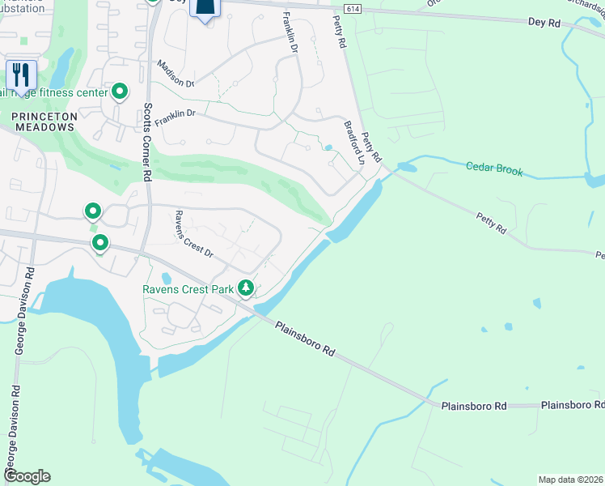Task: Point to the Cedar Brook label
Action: [494, 170]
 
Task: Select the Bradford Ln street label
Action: [354, 143]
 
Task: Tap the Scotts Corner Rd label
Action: [147, 142]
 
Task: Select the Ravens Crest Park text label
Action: [188, 289]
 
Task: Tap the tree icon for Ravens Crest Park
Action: [245, 288]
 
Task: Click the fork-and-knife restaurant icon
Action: [21, 75]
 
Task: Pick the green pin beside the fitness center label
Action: [121, 92]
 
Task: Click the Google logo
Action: [27, 476]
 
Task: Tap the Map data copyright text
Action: [570, 480]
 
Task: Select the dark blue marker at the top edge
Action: [207, 8]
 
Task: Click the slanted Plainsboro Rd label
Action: [305, 339]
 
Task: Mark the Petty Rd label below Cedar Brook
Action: [490, 224]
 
